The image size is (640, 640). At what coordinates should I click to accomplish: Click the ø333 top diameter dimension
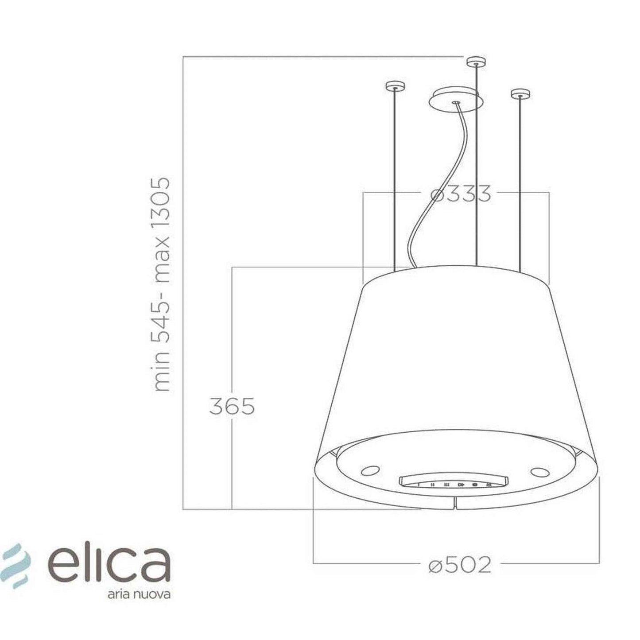pos(461,194)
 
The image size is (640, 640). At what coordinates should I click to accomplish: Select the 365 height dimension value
pos(232,406)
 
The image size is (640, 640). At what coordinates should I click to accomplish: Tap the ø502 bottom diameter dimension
pos(460,565)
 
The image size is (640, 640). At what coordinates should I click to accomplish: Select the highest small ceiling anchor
pos(476,62)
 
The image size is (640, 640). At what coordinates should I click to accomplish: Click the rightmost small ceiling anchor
pos(520,94)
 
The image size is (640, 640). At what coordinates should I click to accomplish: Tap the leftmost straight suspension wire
pos(394,177)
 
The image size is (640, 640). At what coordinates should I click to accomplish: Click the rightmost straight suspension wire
pos(520,177)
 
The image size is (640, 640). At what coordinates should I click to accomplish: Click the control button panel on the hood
pos(447,484)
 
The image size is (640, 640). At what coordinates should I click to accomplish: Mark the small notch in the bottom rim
pos(455,503)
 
